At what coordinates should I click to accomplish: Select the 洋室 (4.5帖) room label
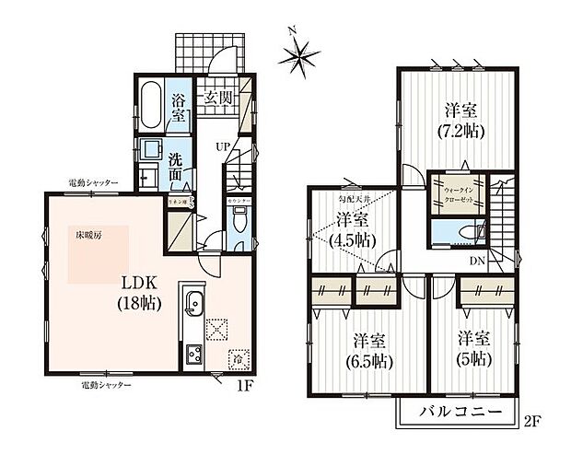[352, 228]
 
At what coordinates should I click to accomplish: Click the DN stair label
[478, 261]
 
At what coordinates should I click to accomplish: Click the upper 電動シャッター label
[93, 183]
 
